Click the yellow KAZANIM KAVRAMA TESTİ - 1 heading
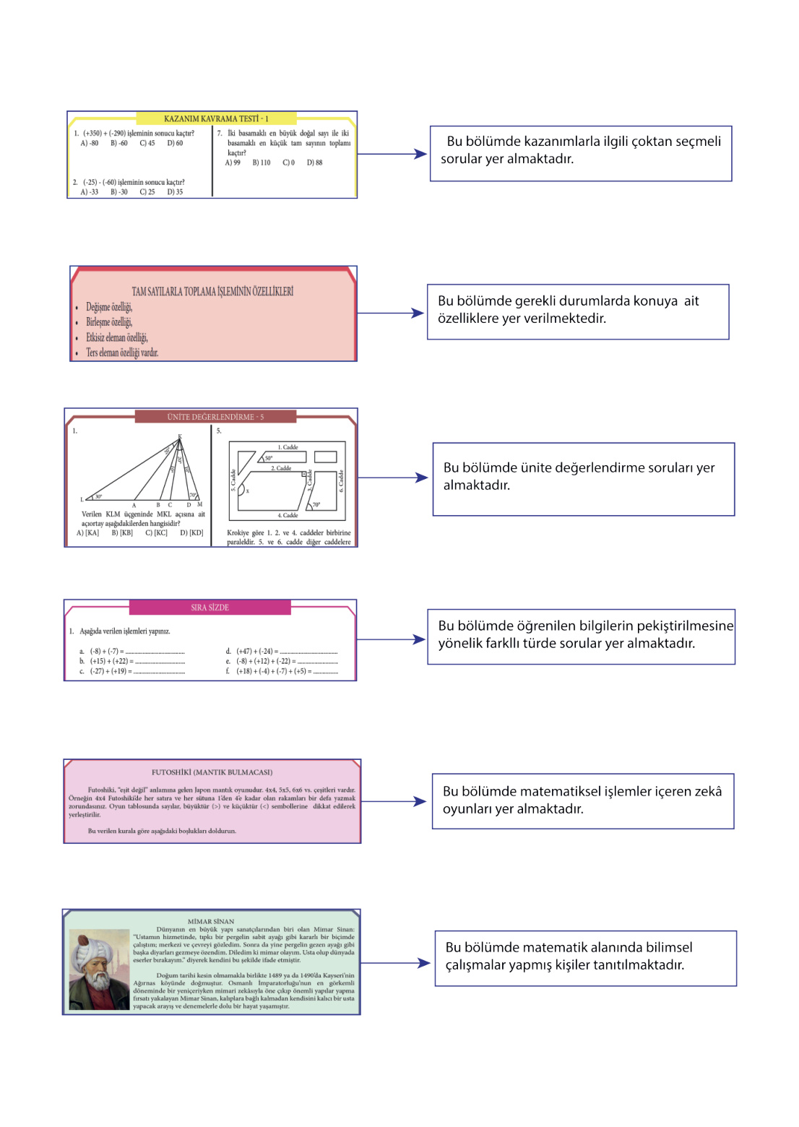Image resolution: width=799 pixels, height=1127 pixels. (x=215, y=118)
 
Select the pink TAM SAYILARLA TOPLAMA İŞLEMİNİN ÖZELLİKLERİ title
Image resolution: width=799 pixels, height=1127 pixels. (x=212, y=292)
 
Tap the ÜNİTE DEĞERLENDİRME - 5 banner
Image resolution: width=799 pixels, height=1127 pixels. (x=215, y=417)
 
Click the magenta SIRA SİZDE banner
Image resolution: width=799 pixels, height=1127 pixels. (x=210, y=608)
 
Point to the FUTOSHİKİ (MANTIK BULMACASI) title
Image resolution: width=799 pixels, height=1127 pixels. (x=212, y=772)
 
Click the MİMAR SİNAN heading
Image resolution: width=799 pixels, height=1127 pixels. (x=211, y=921)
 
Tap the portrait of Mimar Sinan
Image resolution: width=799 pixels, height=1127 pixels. (x=99, y=969)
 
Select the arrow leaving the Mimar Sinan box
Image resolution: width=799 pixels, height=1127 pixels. (x=395, y=963)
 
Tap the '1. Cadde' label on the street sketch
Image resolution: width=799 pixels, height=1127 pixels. (x=288, y=447)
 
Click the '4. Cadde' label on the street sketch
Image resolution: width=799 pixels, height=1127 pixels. (x=288, y=515)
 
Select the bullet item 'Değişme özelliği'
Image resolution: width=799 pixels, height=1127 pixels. (x=109, y=307)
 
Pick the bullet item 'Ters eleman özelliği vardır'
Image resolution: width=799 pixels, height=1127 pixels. (x=121, y=353)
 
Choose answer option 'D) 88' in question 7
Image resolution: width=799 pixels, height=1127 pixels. (x=314, y=163)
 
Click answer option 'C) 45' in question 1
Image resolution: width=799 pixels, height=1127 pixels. (x=147, y=143)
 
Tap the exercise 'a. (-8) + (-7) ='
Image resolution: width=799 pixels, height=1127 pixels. (x=106, y=651)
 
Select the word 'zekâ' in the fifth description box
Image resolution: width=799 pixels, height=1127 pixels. (x=708, y=791)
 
